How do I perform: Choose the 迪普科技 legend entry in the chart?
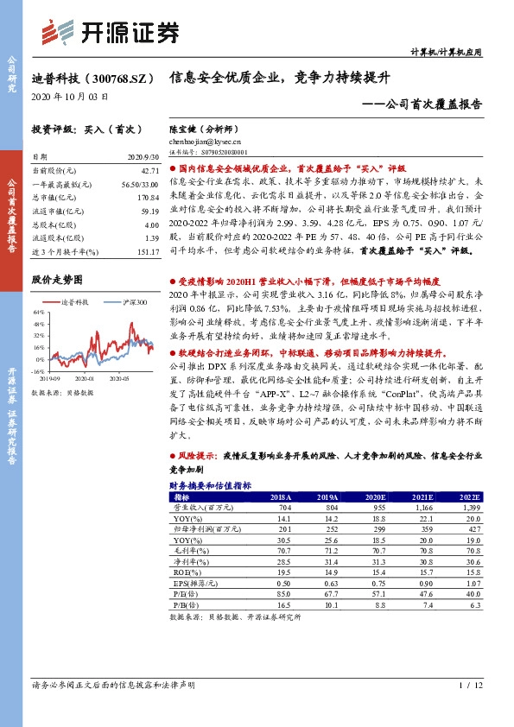[79, 302]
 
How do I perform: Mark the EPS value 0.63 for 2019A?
[327, 583]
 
